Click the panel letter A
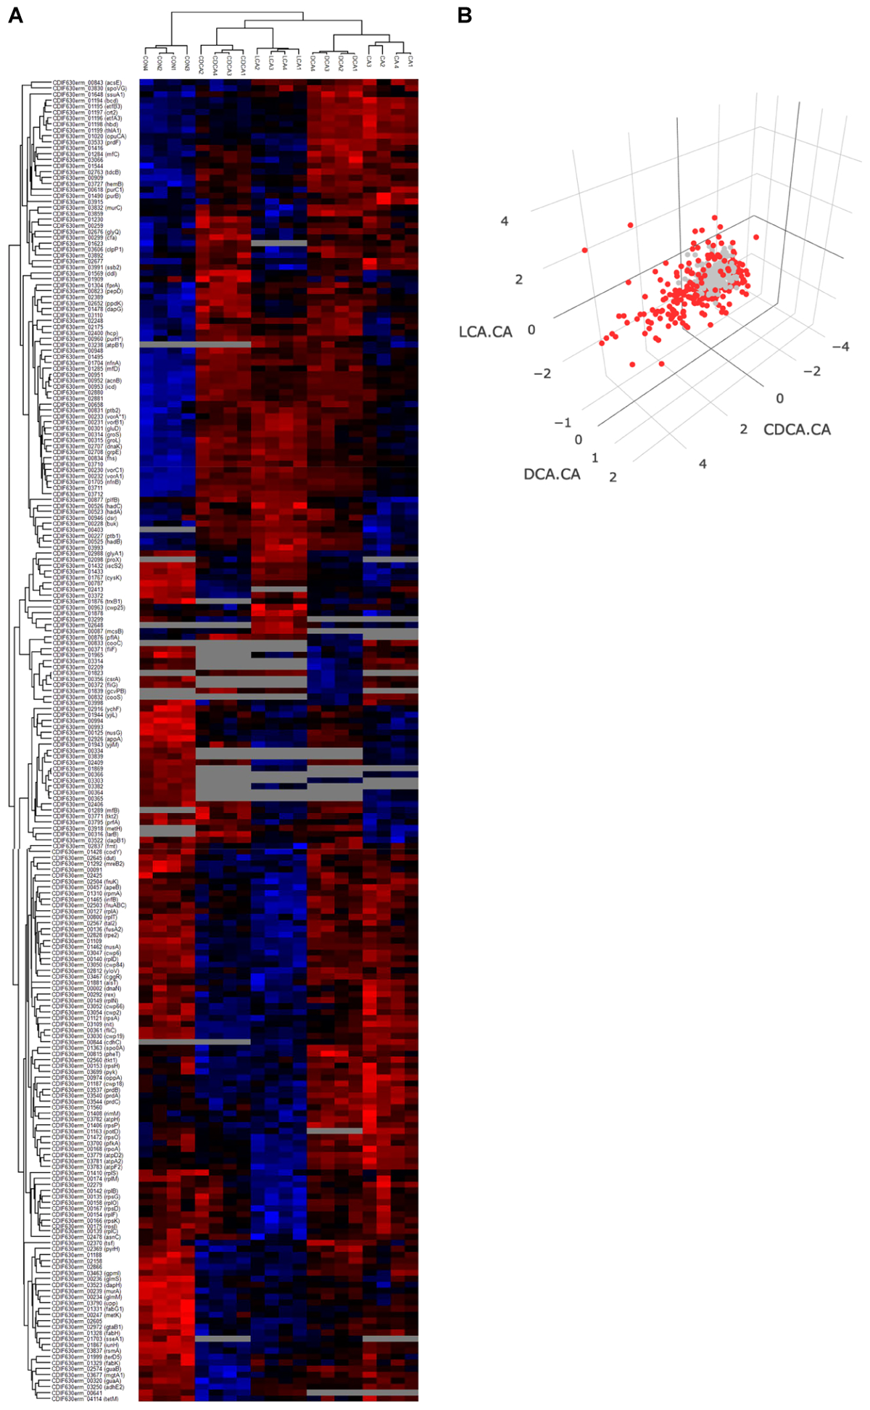(x=15, y=15)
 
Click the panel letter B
(x=465, y=15)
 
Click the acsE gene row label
(x=87, y=83)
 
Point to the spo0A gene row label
(x=87, y=1048)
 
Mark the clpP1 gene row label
(x=87, y=250)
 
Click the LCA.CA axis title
(x=485, y=332)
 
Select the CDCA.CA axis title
(x=797, y=429)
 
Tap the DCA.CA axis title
(x=552, y=474)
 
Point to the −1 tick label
(x=562, y=422)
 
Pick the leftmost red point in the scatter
(x=584, y=250)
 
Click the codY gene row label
(x=87, y=852)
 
